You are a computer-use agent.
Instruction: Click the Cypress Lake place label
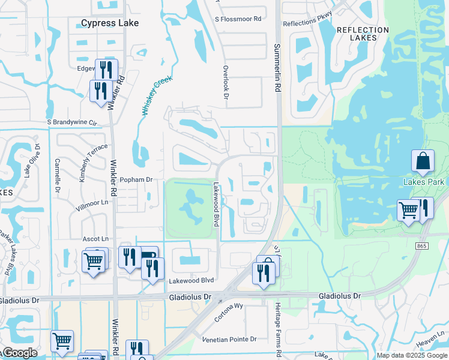[110, 23]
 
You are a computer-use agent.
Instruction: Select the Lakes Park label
[424, 182]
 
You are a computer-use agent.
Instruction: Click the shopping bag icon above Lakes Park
[423, 161]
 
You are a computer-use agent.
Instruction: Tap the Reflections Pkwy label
[307, 23]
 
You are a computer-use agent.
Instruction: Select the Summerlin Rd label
[277, 67]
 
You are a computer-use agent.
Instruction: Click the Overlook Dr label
[226, 83]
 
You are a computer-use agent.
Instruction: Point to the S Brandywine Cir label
[72, 122]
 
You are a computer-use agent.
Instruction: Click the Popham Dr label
[137, 179]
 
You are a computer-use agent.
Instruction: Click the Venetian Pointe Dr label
[230, 339]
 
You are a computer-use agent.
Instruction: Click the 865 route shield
[420, 245]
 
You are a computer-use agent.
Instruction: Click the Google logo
[20, 353]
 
